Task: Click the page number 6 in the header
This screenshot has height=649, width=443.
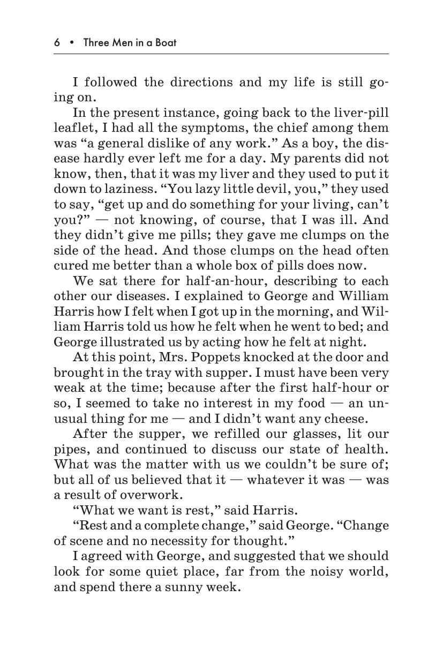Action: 57,42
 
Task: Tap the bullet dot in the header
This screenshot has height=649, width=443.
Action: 71,42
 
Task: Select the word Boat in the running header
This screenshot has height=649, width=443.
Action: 165,42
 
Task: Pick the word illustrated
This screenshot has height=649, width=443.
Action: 125,342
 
